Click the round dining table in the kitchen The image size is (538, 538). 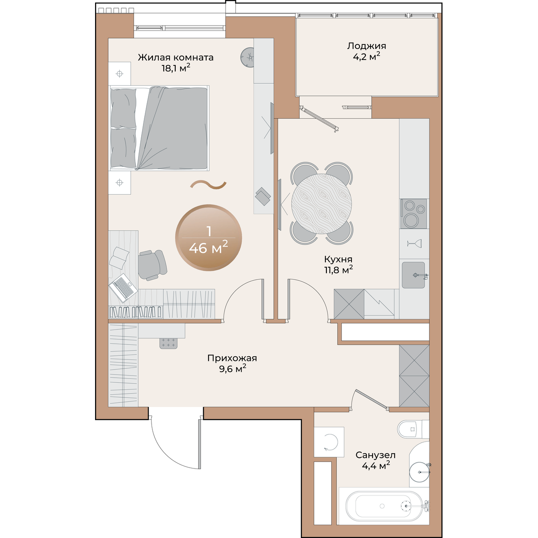tap(321, 204)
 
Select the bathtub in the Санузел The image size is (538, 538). tap(384, 506)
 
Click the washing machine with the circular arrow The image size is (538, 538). tap(329, 442)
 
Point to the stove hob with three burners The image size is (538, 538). tap(413, 213)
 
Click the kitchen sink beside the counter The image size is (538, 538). tap(413, 275)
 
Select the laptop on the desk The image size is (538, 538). tap(123, 287)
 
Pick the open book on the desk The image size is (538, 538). tap(119, 258)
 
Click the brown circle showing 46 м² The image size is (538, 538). tap(208, 238)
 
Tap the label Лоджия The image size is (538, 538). tap(367, 46)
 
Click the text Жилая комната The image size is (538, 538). tap(176, 57)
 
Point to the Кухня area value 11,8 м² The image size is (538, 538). tap(338, 270)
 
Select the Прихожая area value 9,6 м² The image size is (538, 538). tap(233, 369)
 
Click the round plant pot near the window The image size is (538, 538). tap(247, 57)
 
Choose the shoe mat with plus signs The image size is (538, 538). tap(169, 343)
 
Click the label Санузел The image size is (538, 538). tap(375, 456)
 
